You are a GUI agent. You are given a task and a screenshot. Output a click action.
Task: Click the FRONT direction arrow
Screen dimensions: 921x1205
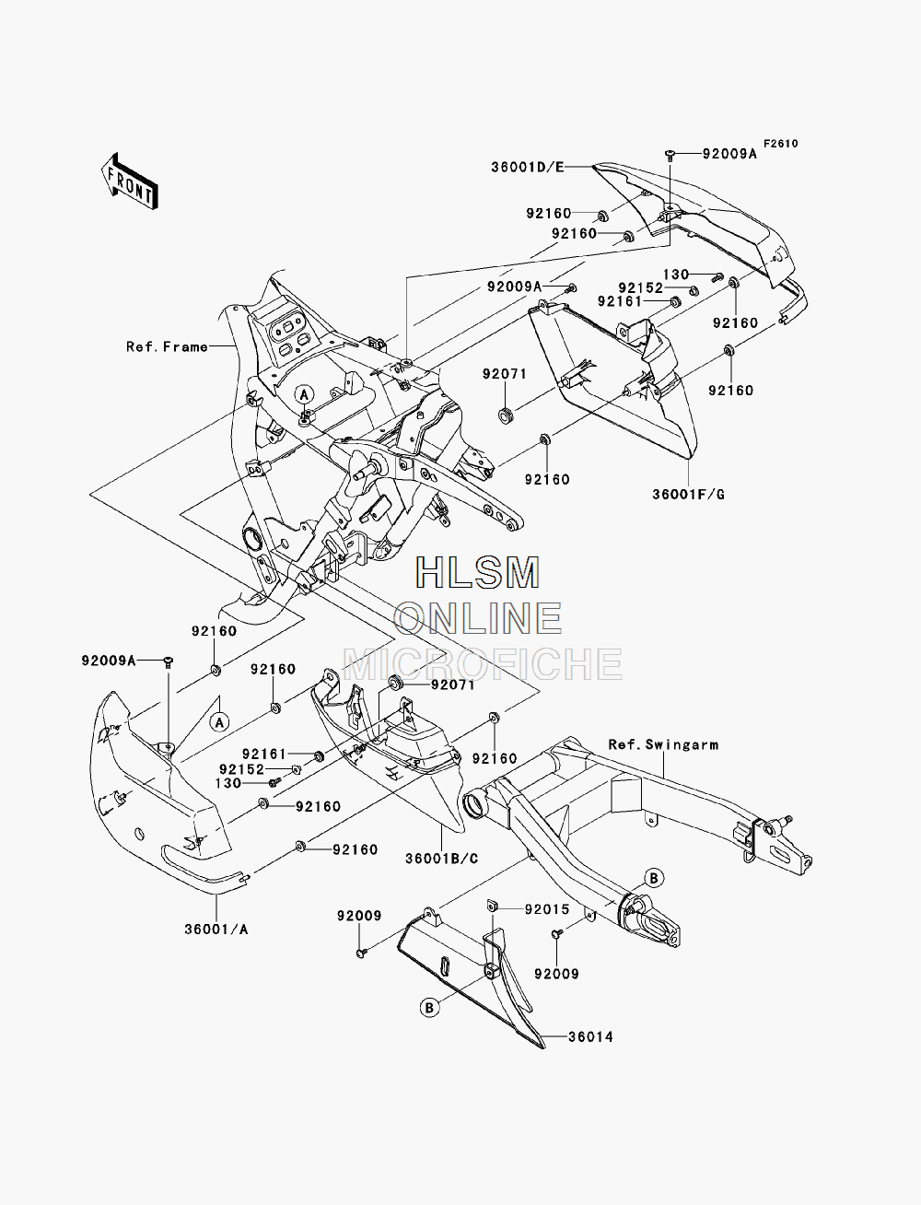(x=130, y=181)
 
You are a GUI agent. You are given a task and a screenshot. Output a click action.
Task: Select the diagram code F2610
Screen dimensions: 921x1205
(x=781, y=144)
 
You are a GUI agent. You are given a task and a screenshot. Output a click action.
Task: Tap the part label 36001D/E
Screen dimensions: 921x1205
(x=528, y=167)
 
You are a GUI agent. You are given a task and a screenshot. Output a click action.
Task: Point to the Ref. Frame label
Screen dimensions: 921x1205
(x=168, y=346)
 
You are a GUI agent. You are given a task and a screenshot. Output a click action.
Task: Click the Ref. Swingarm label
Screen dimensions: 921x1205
(x=663, y=744)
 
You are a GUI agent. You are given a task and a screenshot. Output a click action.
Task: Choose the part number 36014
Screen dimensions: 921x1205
(x=590, y=1036)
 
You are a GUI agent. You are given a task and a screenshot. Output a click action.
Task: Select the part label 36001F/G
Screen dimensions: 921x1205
(x=688, y=494)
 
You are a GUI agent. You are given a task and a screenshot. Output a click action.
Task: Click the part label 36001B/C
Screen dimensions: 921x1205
(x=442, y=858)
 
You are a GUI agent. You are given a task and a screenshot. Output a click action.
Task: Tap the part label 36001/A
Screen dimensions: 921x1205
(x=216, y=929)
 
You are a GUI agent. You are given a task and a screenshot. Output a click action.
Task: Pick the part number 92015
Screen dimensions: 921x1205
(x=547, y=909)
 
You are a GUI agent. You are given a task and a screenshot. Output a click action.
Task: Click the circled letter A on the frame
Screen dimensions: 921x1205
(x=305, y=393)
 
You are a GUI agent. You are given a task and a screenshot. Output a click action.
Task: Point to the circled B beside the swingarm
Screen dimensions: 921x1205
(x=654, y=878)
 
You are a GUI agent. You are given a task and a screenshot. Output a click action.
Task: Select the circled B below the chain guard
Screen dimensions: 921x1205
(x=430, y=1008)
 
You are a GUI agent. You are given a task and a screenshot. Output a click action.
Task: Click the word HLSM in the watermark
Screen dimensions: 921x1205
(x=477, y=572)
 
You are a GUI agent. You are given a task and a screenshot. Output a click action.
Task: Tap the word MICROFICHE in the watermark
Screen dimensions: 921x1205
(x=483, y=663)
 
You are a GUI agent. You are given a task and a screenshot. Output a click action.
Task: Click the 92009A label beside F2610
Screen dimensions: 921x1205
(x=729, y=154)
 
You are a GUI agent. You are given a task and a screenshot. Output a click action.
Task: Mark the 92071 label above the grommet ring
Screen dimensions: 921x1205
(x=505, y=373)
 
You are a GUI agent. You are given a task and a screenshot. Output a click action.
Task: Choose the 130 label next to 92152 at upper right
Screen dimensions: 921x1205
(x=676, y=274)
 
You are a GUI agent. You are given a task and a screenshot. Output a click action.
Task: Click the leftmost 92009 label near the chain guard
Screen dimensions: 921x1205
(x=359, y=916)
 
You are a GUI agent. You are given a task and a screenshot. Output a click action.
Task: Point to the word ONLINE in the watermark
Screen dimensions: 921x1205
(x=477, y=617)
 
